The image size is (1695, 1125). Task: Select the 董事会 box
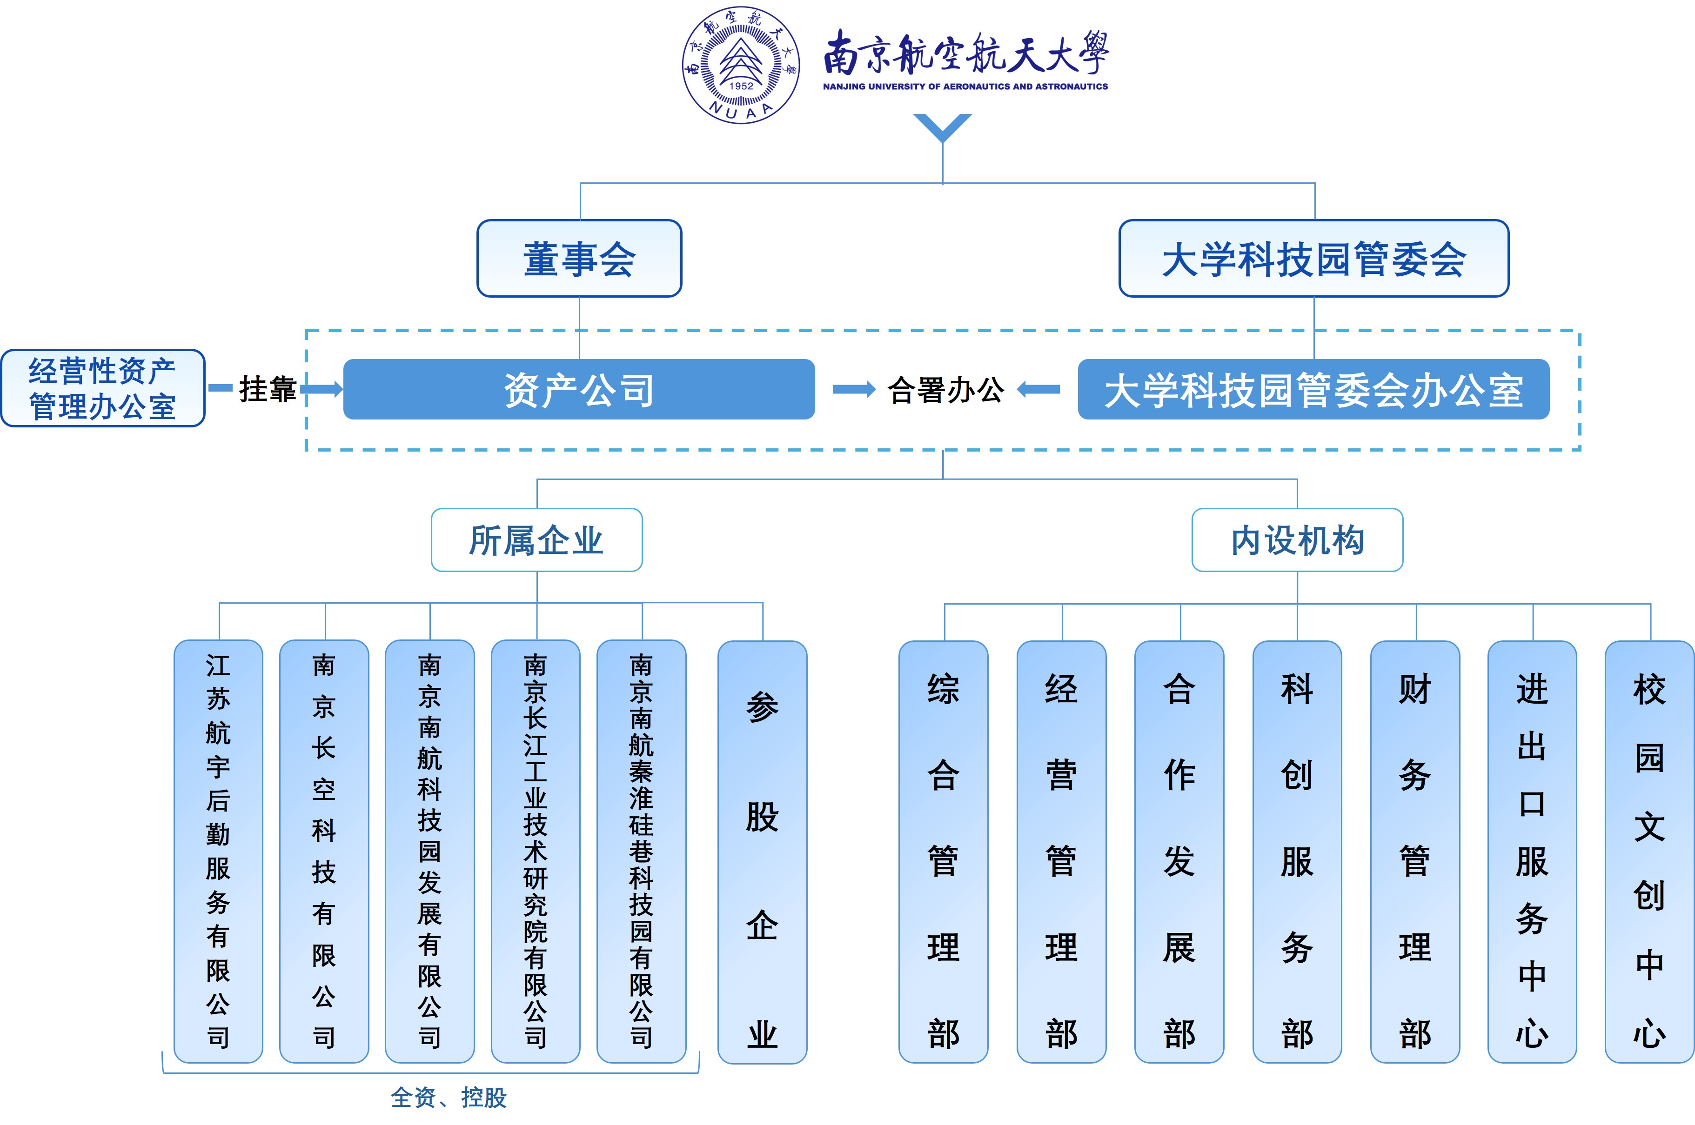579,258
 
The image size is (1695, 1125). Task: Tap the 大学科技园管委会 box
1313,258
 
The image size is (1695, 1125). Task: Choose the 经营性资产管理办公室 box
103,389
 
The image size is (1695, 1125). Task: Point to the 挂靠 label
267,389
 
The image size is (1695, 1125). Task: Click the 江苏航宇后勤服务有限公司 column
218,851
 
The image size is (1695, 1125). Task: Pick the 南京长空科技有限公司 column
324,851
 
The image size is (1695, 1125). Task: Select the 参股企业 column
762,852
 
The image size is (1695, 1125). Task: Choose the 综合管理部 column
943,852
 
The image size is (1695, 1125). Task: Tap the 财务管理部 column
1414,852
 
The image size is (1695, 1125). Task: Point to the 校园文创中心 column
1649,852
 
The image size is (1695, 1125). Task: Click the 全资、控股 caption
449,1097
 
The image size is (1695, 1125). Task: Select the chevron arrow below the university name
942,127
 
